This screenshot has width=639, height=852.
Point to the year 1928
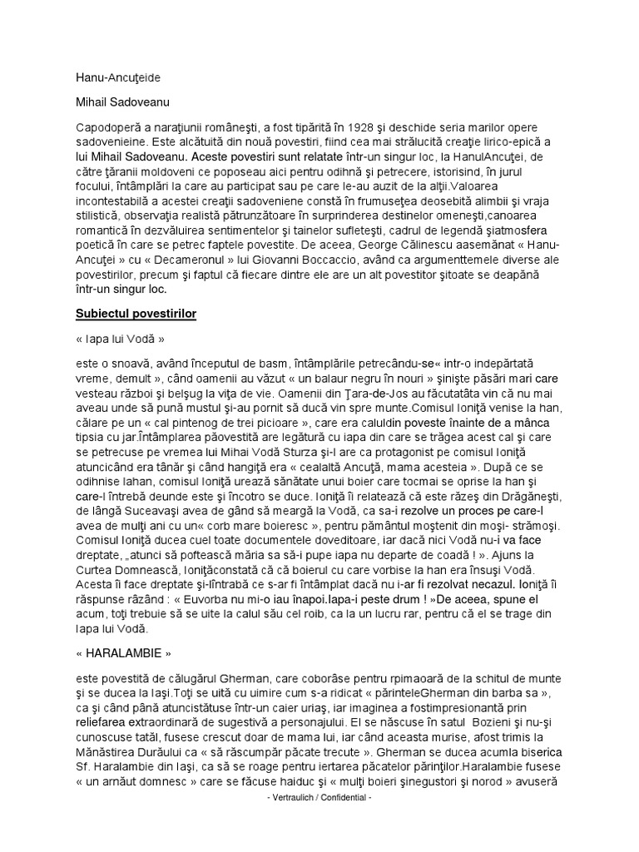(x=363, y=126)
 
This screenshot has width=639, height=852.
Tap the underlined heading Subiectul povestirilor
(x=136, y=315)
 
